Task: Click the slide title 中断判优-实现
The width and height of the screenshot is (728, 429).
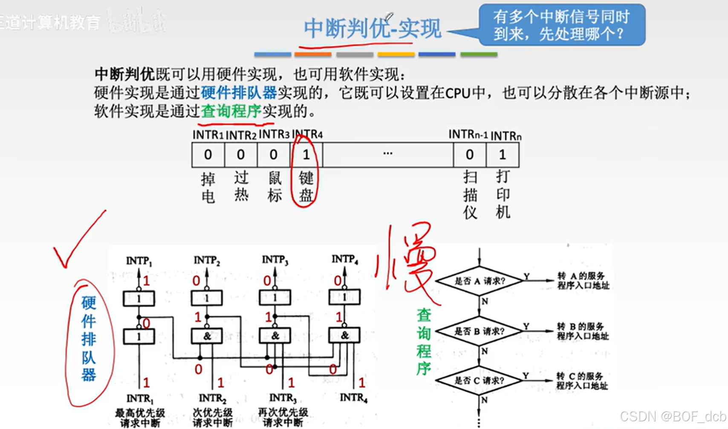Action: click(x=372, y=28)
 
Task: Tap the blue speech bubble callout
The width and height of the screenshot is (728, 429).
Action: click(x=561, y=25)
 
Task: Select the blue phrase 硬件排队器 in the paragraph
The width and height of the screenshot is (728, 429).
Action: click(x=239, y=93)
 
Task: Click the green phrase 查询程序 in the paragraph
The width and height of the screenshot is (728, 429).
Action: click(x=231, y=111)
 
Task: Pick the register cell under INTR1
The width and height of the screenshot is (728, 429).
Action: click(x=208, y=155)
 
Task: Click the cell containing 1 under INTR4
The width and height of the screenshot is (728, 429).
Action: click(x=306, y=155)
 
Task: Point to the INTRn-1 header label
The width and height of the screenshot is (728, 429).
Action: click(x=468, y=135)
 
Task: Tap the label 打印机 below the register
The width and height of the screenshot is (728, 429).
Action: click(x=503, y=194)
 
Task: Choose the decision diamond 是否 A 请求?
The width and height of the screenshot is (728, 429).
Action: click(x=480, y=281)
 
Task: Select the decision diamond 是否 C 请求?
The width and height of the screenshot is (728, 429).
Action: click(x=479, y=380)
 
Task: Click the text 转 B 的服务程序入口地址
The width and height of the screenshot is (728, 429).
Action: click(x=583, y=331)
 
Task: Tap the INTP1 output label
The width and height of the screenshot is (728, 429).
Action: click(x=139, y=261)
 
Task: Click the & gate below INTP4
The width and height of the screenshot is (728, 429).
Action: click(x=344, y=336)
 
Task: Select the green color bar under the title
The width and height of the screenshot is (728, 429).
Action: click(x=479, y=55)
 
